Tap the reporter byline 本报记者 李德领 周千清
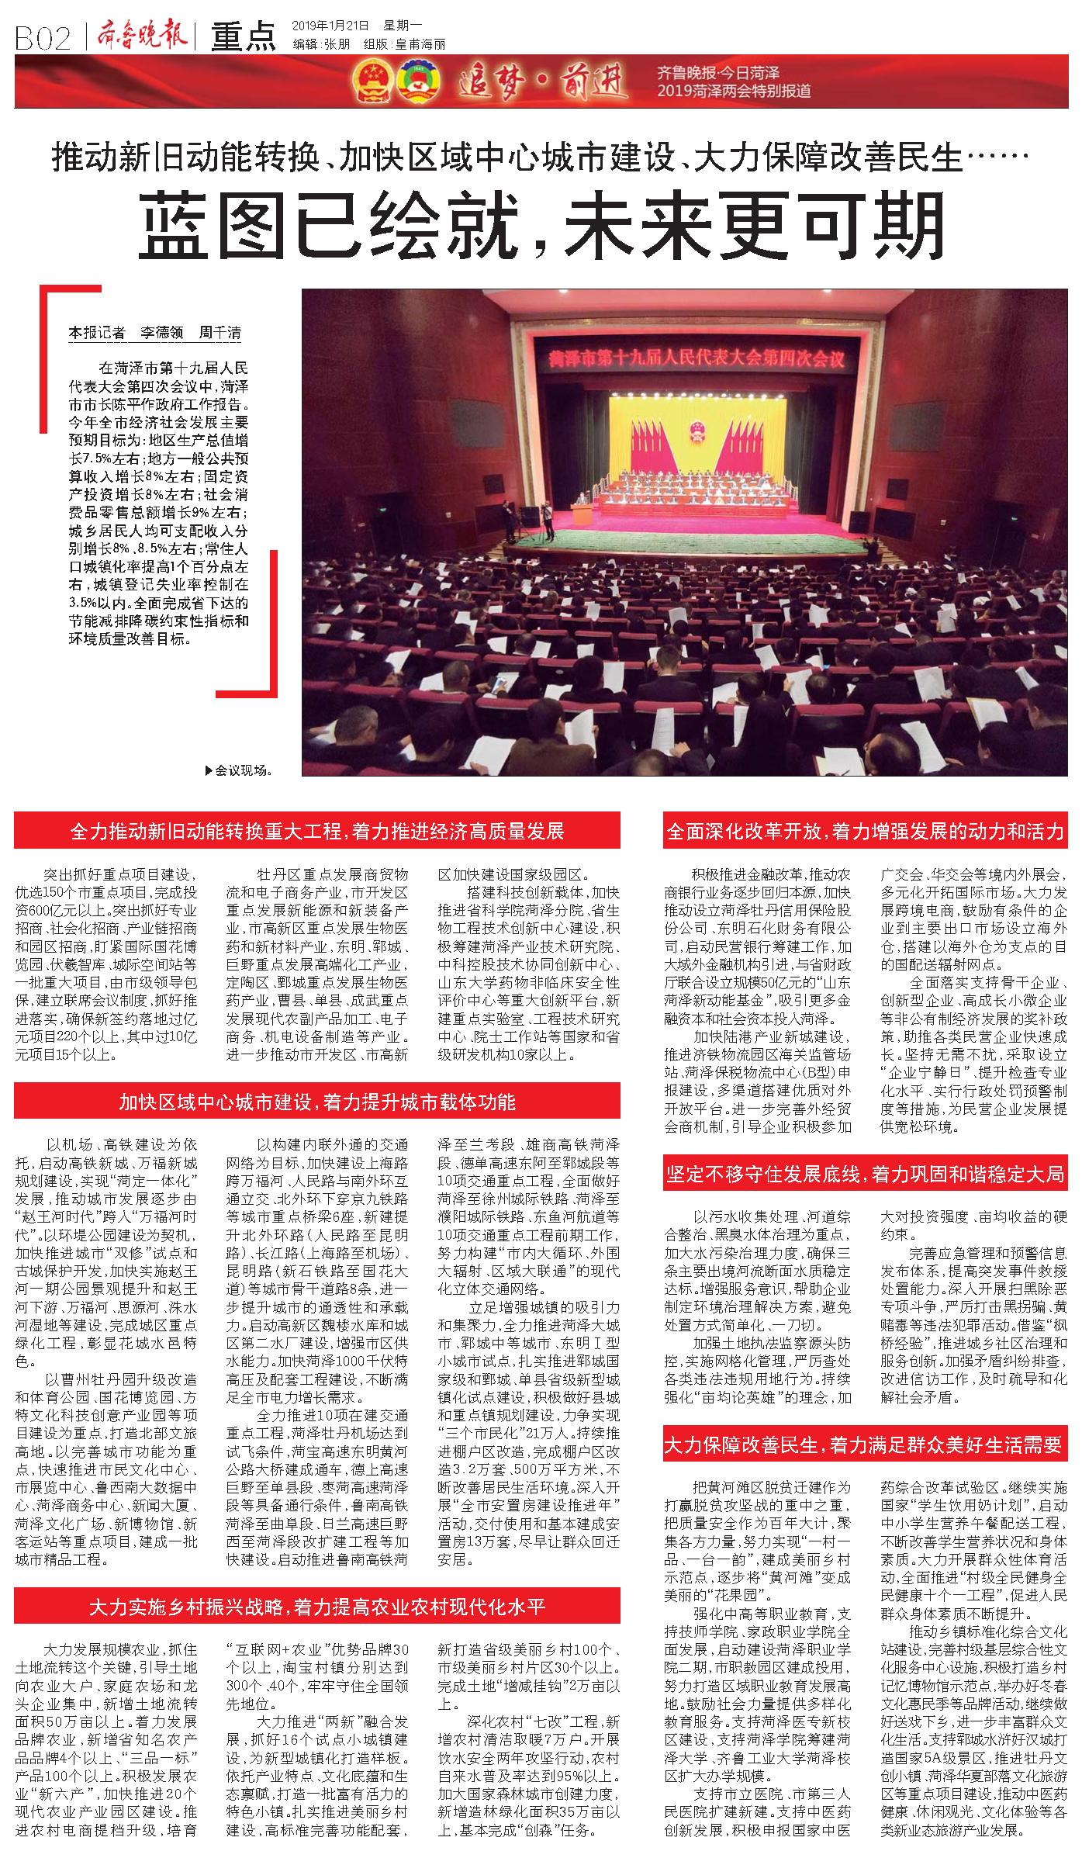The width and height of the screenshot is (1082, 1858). pos(155,333)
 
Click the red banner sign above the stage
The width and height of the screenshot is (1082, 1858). pos(694,358)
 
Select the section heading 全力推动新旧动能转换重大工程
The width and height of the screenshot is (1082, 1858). pos(317,831)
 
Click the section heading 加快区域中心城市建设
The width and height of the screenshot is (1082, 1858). pos(317,1101)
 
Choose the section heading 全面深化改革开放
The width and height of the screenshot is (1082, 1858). pos(865,831)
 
